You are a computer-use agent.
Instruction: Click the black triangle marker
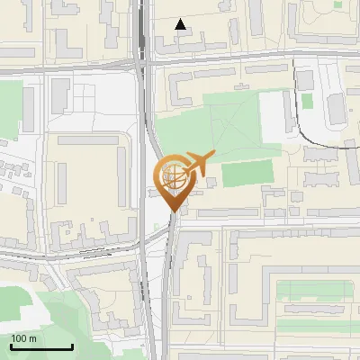point(181,24)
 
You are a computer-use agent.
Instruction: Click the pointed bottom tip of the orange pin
point(174,216)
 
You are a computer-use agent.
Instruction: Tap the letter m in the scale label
point(32,338)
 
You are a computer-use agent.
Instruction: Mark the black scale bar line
point(41,347)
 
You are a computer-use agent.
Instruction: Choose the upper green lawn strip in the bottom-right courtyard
point(315,289)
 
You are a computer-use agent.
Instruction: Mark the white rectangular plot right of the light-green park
point(274,115)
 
